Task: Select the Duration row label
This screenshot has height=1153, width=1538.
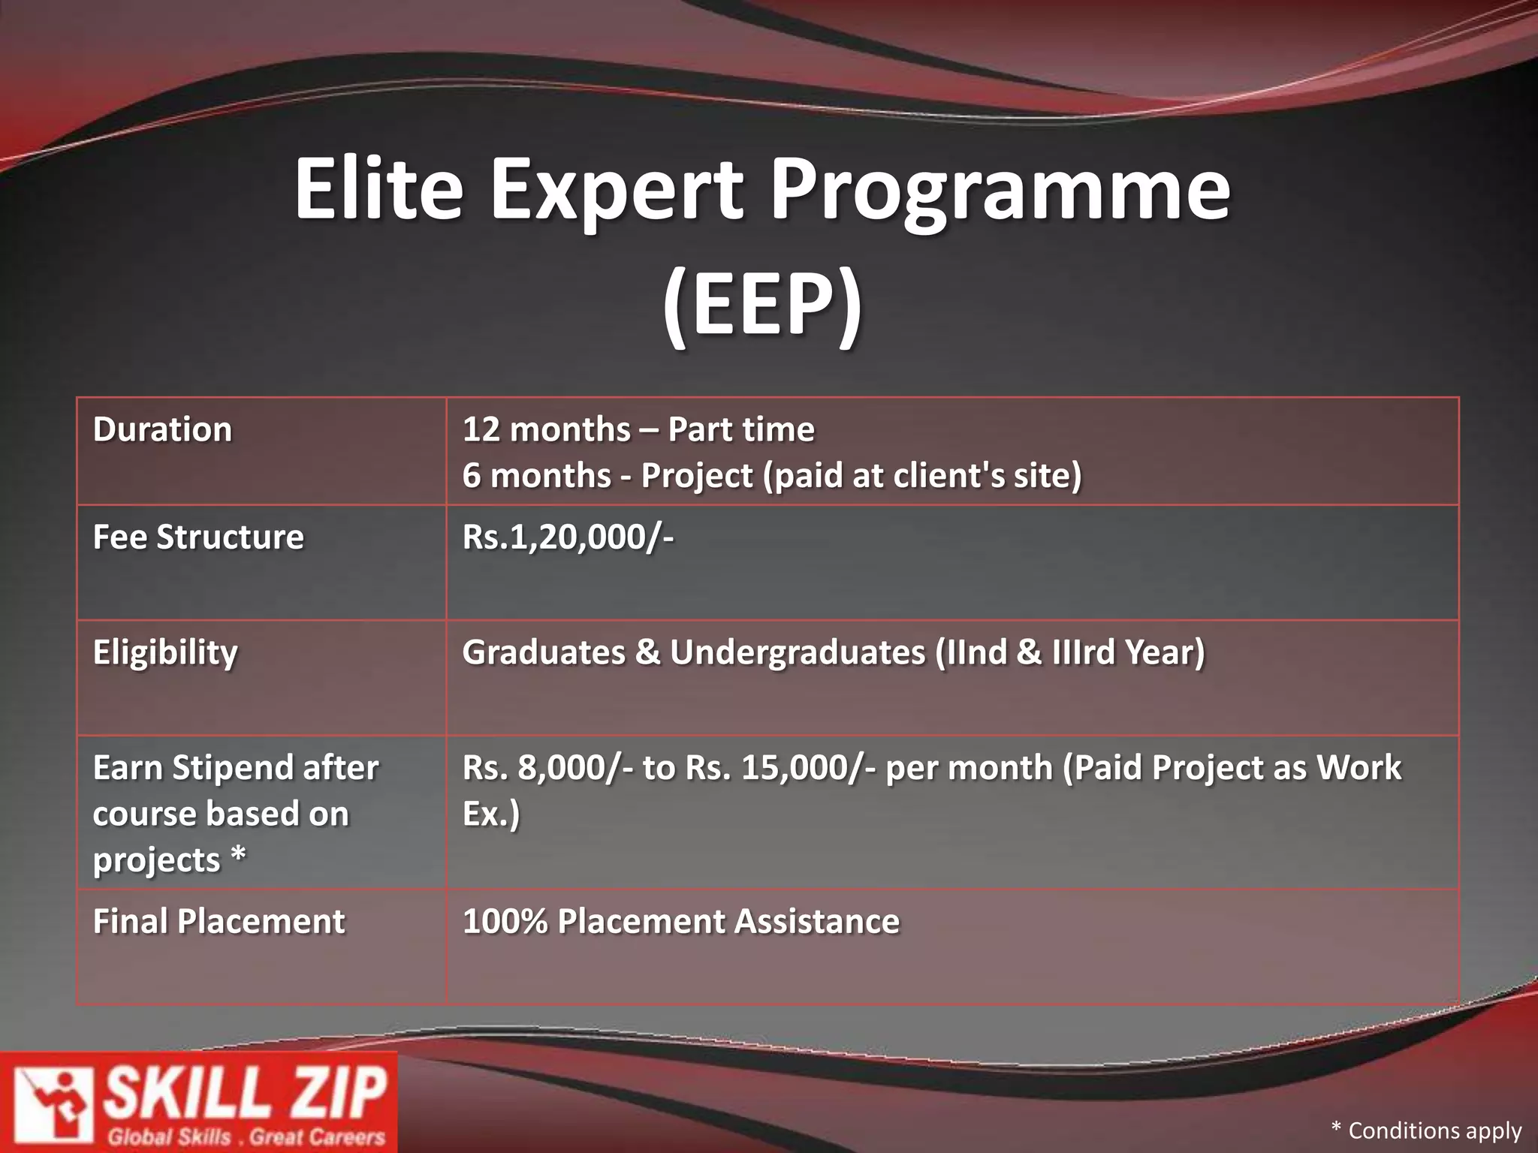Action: point(162,430)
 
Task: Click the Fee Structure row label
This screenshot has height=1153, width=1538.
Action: point(198,537)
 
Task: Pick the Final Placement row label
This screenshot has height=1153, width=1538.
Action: point(219,922)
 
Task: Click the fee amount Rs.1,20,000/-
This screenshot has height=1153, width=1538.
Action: point(568,537)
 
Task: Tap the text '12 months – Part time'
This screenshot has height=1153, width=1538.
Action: point(638,430)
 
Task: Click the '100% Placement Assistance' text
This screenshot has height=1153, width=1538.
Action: point(680,922)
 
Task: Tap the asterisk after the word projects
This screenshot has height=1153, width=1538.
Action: point(238,855)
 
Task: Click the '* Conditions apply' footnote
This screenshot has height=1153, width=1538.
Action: point(1425,1130)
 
